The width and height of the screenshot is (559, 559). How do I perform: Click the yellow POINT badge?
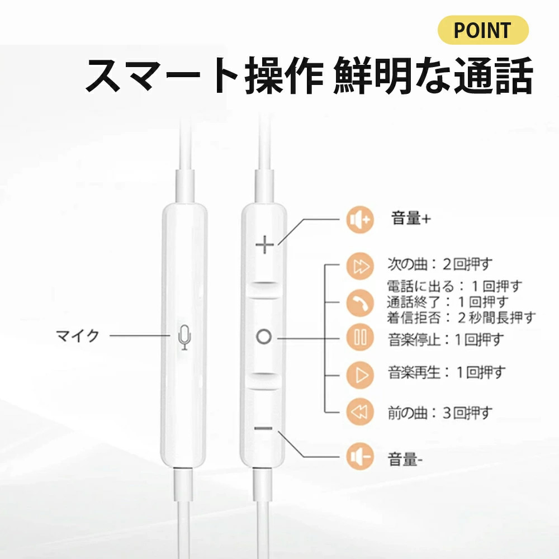click(x=483, y=30)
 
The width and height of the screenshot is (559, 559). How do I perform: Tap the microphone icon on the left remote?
click(x=184, y=337)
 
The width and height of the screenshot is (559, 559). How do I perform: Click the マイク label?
click(x=77, y=336)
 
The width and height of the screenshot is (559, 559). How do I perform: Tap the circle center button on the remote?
click(x=264, y=337)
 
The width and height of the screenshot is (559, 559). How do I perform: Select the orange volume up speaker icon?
click(x=360, y=220)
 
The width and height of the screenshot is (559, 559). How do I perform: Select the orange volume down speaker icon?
click(x=360, y=456)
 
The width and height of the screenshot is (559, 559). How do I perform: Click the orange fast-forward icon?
click(x=360, y=266)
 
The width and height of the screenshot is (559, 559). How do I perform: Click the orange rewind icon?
click(x=360, y=411)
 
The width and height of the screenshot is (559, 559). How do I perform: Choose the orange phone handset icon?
click(x=360, y=302)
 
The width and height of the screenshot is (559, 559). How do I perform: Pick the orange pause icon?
click(x=360, y=337)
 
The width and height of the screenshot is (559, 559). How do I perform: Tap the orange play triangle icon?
click(x=360, y=375)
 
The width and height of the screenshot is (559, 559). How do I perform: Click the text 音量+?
click(x=411, y=218)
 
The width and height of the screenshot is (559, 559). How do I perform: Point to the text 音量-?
click(x=405, y=459)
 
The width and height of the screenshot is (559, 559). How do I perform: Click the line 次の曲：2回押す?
click(x=440, y=264)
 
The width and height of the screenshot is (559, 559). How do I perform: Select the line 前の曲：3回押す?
click(x=440, y=413)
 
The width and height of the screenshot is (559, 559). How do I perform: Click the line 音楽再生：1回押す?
click(x=447, y=372)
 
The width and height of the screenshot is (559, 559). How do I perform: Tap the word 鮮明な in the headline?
click(x=392, y=75)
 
